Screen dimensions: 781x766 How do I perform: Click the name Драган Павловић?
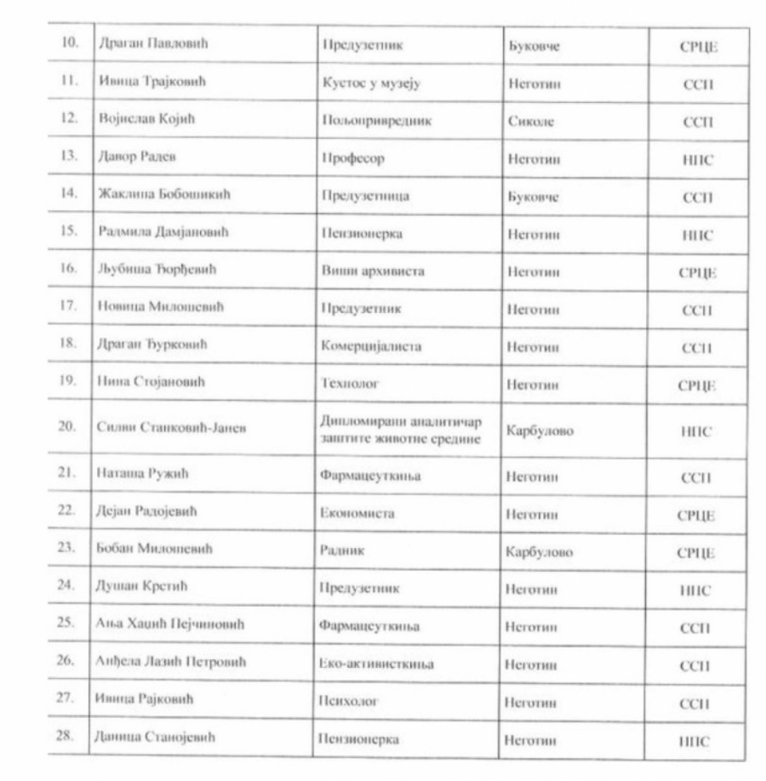[x=150, y=46]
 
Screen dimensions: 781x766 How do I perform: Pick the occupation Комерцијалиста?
[x=368, y=348]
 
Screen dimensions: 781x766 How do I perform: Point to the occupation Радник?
[x=341, y=551]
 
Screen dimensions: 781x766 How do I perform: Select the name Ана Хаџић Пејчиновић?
[x=168, y=627]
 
